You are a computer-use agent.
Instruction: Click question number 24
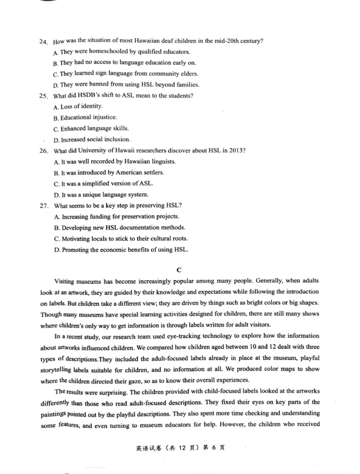point(43,42)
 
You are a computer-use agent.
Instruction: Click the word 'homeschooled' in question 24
point(108,52)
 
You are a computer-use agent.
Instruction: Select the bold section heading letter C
point(179,270)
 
